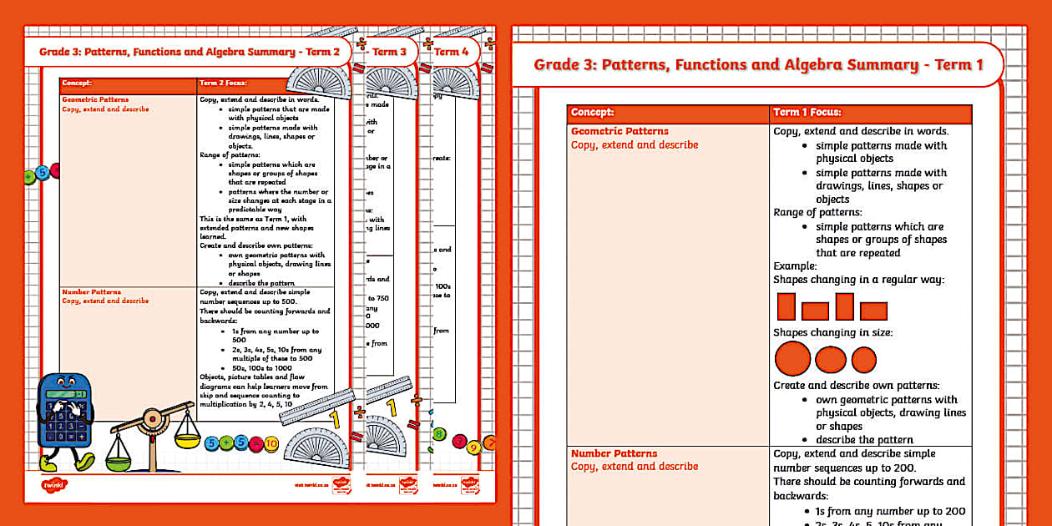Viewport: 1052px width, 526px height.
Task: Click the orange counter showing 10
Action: tap(271, 443)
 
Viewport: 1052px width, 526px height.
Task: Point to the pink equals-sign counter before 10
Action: tap(255, 443)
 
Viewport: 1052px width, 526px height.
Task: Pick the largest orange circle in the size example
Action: tap(792, 359)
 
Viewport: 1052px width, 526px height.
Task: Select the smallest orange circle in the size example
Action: tap(863, 360)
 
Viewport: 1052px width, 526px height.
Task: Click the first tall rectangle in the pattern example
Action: tap(786, 306)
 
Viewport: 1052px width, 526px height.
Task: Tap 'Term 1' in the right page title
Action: tap(958, 65)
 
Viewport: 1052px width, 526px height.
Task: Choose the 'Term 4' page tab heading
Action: tap(453, 52)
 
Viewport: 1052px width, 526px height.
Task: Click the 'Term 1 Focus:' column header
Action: tap(807, 112)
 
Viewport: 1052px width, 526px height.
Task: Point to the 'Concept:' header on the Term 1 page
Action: tap(592, 112)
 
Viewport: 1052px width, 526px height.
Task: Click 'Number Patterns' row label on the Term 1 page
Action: tap(614, 453)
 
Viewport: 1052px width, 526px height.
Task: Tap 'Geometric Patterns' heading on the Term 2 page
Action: tap(95, 99)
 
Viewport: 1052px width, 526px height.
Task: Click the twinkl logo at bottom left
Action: tap(53, 484)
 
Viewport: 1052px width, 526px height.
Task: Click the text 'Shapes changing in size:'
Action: tap(832, 332)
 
